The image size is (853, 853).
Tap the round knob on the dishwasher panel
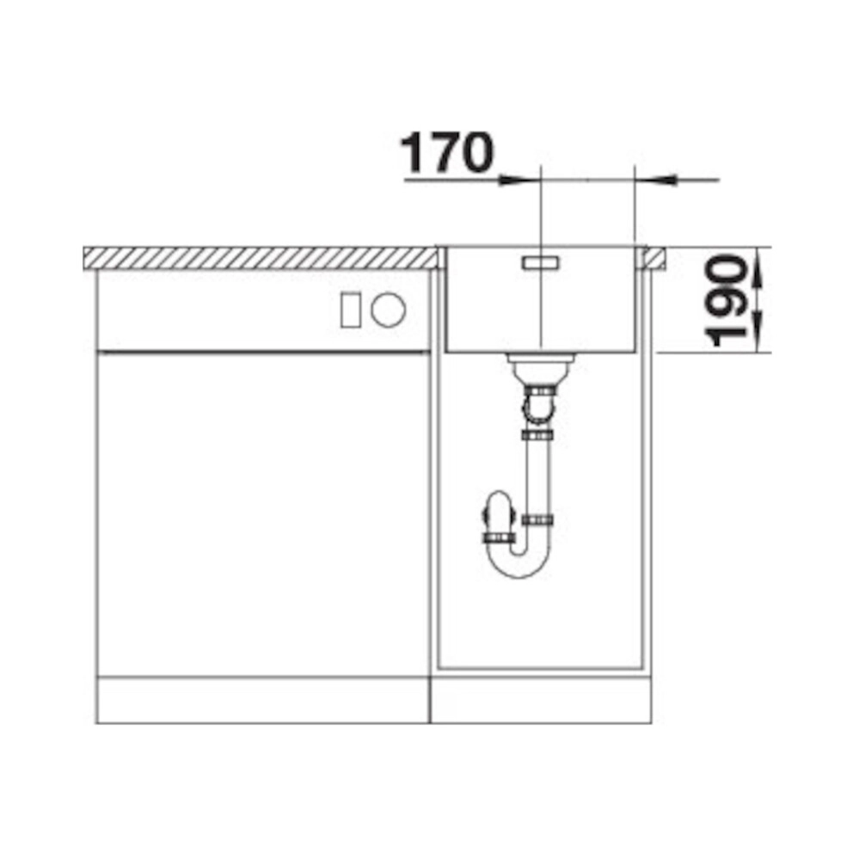389,310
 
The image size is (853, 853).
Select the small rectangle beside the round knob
350,310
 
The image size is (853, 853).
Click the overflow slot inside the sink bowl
540,263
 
